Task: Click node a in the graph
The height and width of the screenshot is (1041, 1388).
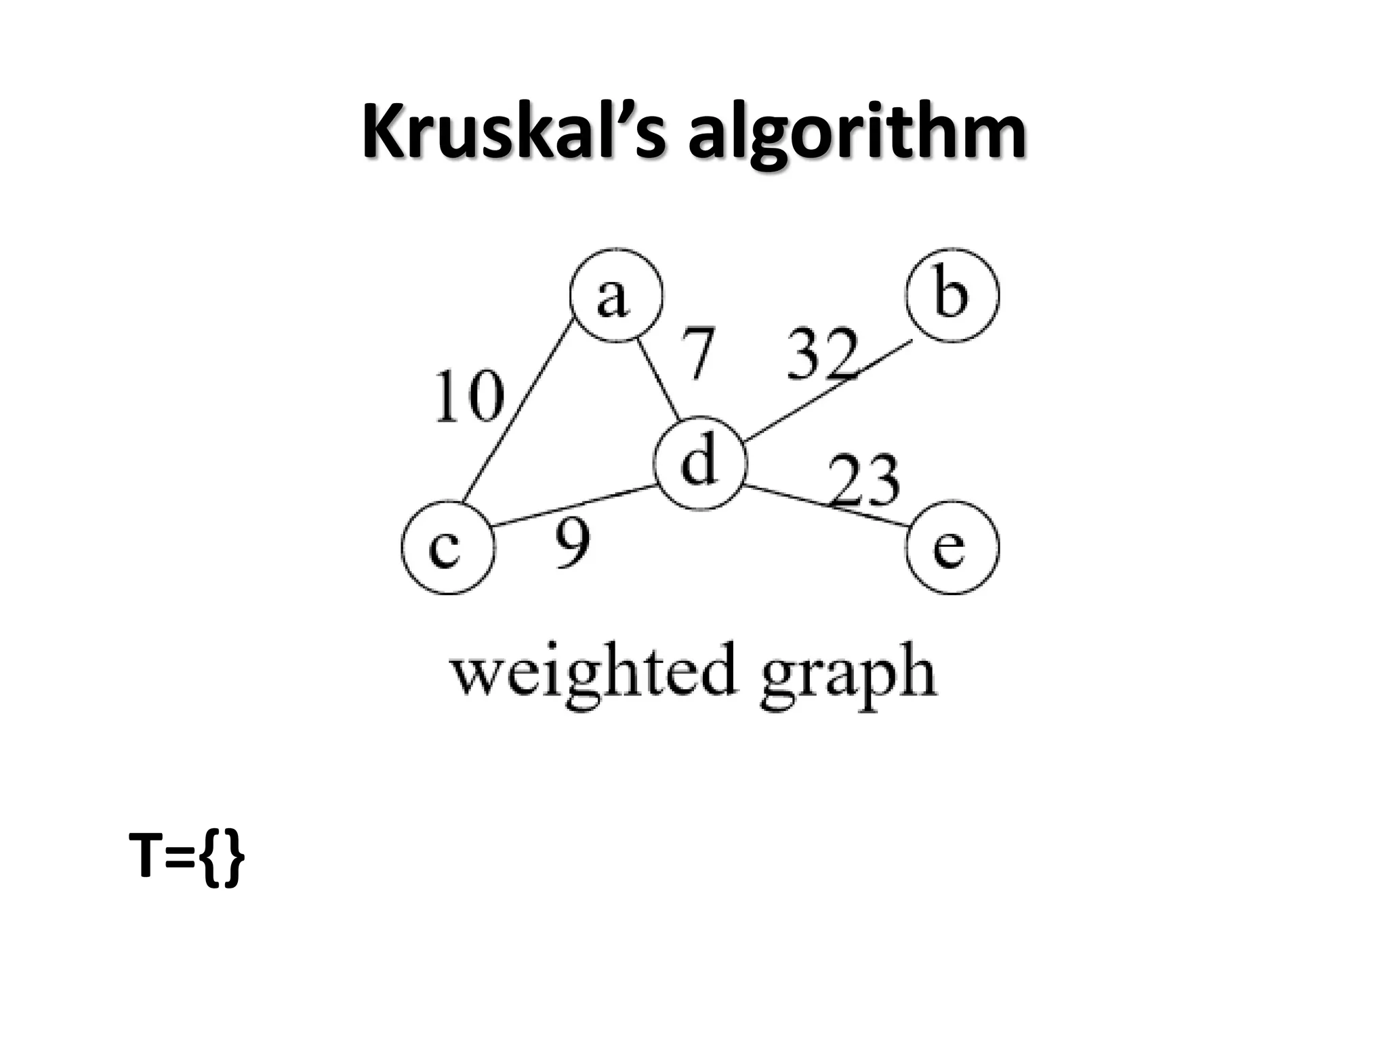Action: click(x=616, y=295)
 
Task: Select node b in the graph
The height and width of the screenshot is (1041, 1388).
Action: click(x=952, y=295)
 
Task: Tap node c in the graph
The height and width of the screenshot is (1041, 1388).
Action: click(x=448, y=548)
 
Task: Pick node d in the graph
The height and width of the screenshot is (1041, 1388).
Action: click(x=699, y=463)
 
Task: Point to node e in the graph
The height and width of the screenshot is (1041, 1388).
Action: click(x=952, y=548)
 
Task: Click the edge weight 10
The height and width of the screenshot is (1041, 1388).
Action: click(x=469, y=396)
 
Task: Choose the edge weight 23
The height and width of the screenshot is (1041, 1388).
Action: click(x=864, y=482)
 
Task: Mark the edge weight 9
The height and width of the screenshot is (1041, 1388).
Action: click(x=573, y=544)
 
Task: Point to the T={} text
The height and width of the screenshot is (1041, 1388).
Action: click(x=187, y=857)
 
